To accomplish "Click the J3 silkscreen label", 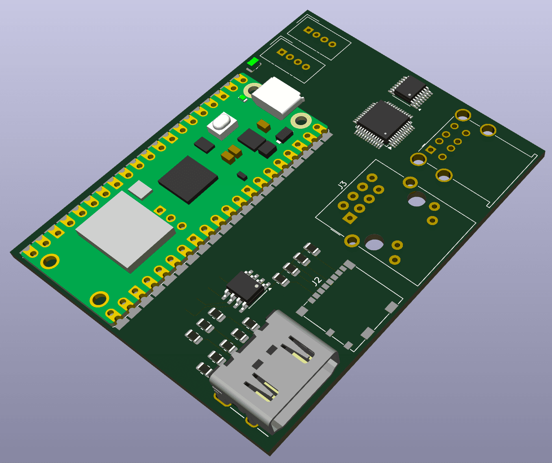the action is click(x=342, y=185).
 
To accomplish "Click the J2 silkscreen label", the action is click(x=317, y=281).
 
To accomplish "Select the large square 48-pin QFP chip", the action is click(x=384, y=124).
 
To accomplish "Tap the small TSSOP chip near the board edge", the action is click(x=410, y=90).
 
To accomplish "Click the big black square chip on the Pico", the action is click(x=188, y=180).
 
